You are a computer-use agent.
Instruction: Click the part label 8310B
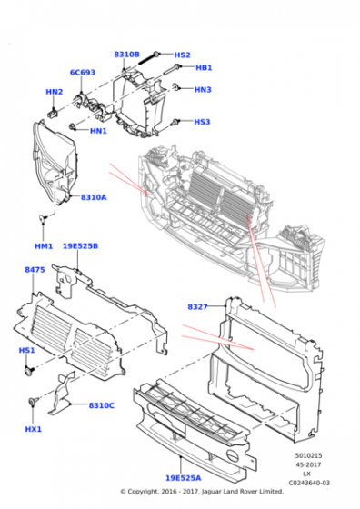pos(126,55)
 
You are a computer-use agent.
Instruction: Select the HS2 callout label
pos(182,55)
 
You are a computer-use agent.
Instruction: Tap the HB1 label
pos(204,68)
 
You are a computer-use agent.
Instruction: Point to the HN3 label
pos(203,89)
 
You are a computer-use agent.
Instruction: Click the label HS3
pos(202,122)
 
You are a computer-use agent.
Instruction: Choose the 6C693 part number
pos(83,72)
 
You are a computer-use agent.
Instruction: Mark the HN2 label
pos(54,92)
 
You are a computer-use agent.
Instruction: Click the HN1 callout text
pos(98,131)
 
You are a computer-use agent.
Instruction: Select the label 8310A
pos(93,197)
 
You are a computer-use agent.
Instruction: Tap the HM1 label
pos(45,246)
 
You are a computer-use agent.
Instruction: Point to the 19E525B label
pos(80,246)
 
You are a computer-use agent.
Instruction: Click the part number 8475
pos(35,270)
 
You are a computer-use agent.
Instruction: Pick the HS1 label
pos(26,350)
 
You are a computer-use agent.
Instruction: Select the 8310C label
pos(102,404)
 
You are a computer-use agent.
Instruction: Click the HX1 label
pos(33,430)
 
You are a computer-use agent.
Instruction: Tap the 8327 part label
pos(198,307)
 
